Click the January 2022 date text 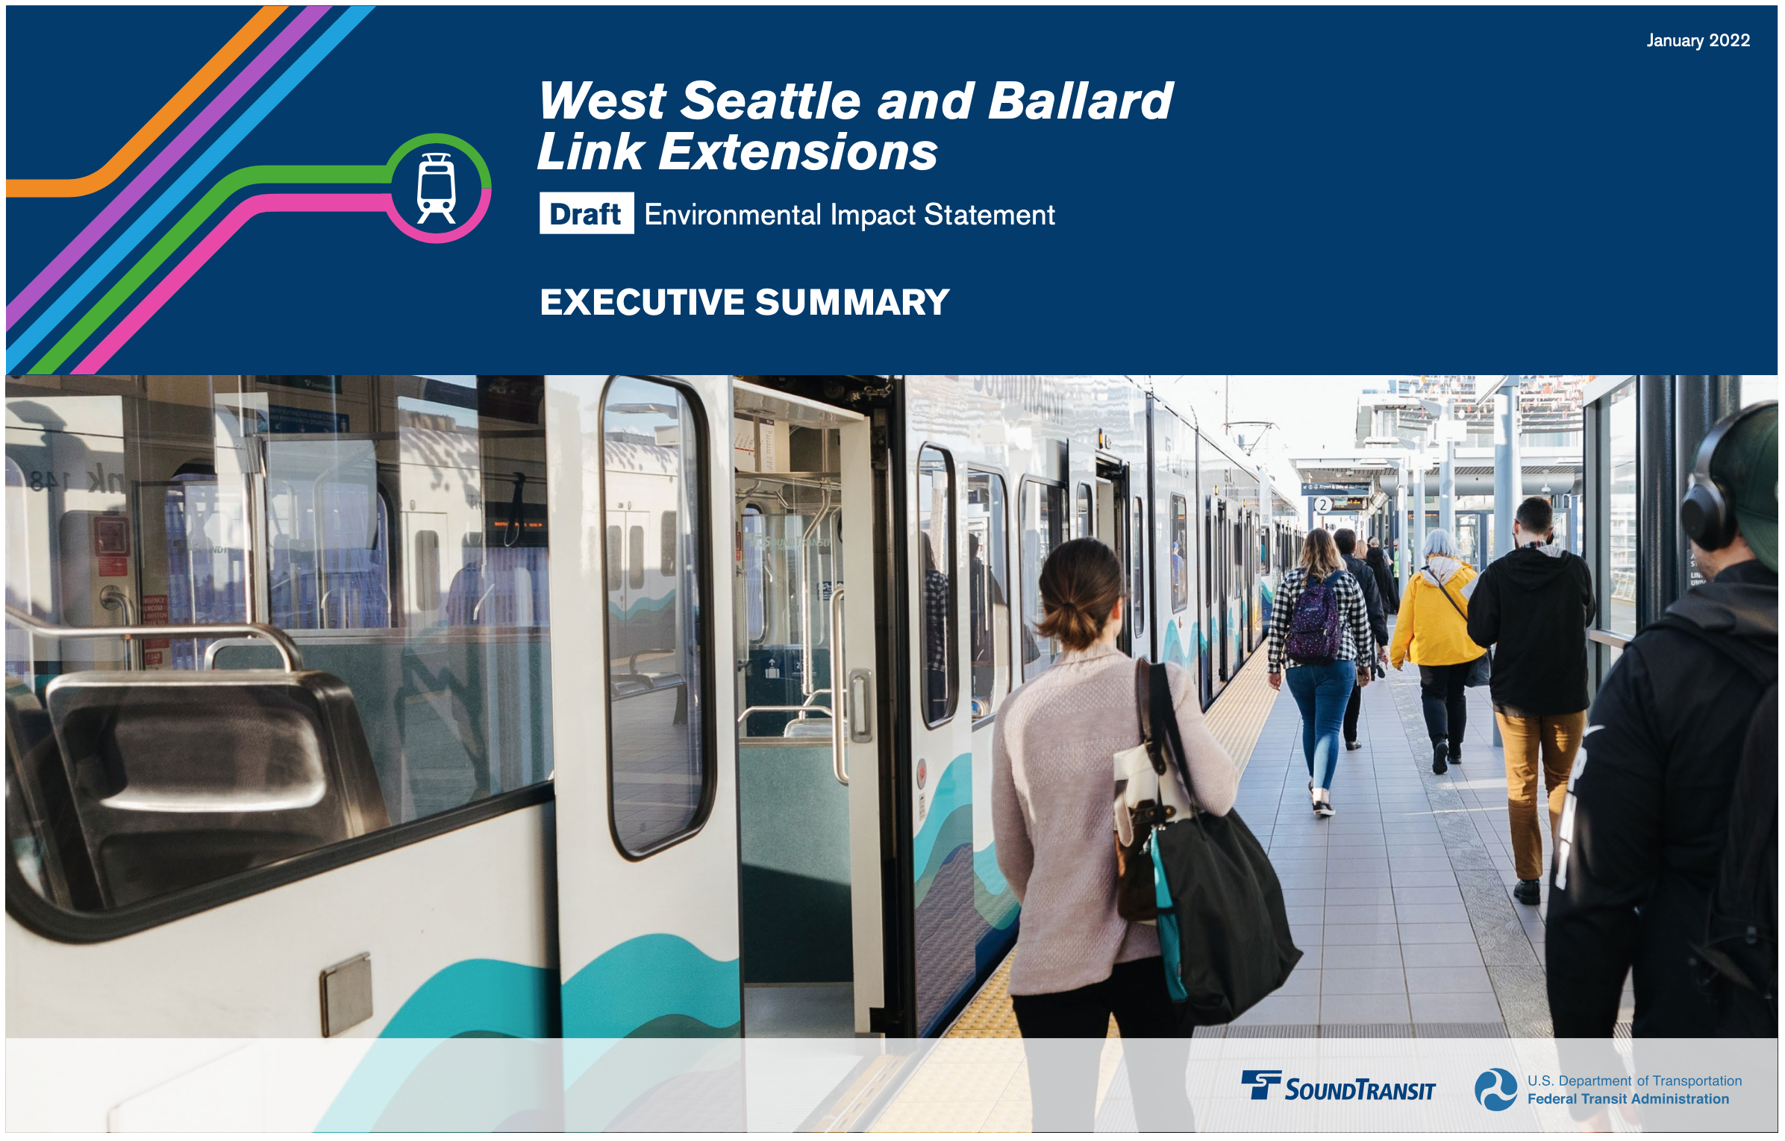[1698, 40]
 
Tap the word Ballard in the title [1081, 101]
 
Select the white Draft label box [587, 213]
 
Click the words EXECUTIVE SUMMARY [744, 302]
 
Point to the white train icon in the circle [437, 188]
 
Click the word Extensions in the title [798, 152]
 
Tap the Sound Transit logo [1338, 1087]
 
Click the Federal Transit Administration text [1628, 1098]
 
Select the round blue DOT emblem [1496, 1090]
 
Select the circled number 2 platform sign [1323, 505]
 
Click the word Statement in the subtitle [990, 215]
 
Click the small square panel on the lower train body [346, 995]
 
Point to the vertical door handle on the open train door [860, 705]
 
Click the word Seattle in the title [771, 101]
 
